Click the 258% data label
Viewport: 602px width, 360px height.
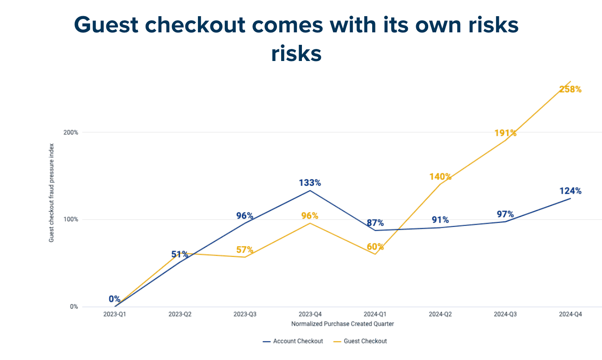[x=570, y=89]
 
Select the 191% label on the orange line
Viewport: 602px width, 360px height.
[x=505, y=133]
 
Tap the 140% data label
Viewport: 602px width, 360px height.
[x=440, y=177]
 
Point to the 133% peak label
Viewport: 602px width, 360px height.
[x=309, y=183]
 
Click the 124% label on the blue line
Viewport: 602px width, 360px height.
[x=570, y=191]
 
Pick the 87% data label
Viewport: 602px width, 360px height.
[x=375, y=223]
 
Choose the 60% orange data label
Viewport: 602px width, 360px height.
[x=375, y=247]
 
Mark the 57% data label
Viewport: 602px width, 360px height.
[x=245, y=250]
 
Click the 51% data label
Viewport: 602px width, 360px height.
[x=179, y=254]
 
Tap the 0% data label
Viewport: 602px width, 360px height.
[x=114, y=299]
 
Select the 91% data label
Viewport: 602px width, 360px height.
[x=440, y=220]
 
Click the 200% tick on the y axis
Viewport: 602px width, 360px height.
[x=71, y=133]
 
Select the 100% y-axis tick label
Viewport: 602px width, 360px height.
[x=71, y=220]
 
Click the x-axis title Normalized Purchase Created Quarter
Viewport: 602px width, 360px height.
[x=342, y=324]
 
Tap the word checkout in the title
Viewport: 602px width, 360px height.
[x=205, y=25]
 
